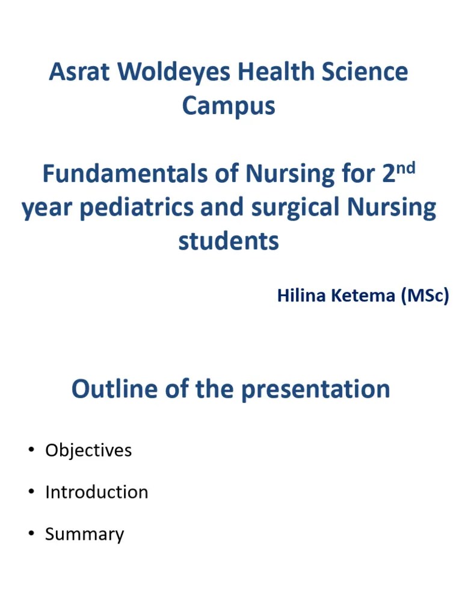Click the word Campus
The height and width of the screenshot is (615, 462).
(229, 106)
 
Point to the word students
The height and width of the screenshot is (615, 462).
(229, 241)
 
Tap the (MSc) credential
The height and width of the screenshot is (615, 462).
(425, 295)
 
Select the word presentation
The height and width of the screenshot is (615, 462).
(316, 390)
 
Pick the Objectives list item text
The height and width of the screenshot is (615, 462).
(88, 450)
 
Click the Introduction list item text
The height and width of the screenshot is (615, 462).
(96, 492)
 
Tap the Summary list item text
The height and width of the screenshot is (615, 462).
(84, 535)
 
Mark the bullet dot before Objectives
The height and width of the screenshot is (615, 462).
(30, 450)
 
